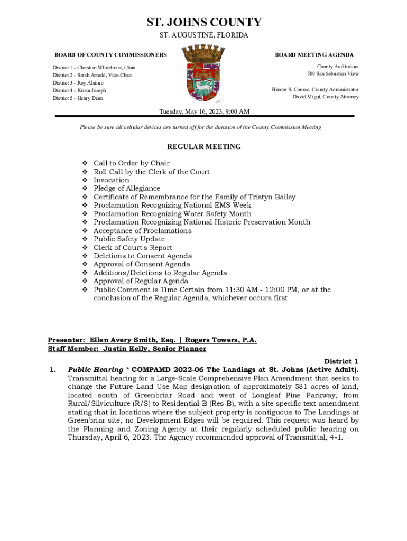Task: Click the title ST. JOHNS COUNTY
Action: point(203,22)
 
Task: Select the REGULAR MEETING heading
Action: point(203,147)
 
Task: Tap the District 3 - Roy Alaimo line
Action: point(78,83)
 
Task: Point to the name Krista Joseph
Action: point(91,91)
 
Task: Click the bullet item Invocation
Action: point(111,180)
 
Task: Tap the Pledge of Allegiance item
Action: point(127,189)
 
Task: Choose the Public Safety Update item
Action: point(129,239)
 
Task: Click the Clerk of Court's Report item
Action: point(133,248)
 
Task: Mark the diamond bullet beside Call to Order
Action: point(85,163)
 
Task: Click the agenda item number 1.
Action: point(52,370)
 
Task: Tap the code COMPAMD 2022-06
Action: point(156,370)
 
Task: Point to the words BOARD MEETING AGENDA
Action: point(314,55)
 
